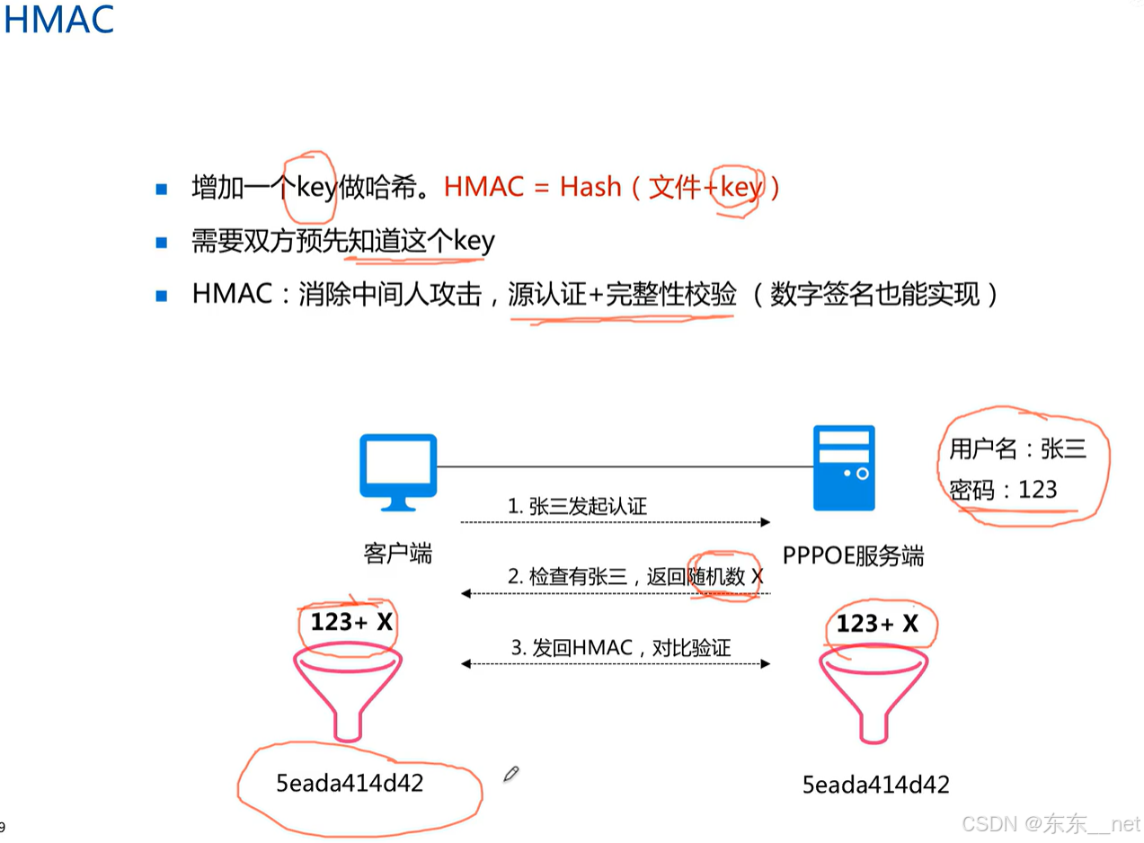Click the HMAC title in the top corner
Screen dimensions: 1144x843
(x=58, y=20)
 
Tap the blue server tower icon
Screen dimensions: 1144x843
(x=843, y=467)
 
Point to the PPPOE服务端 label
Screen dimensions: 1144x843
(x=852, y=555)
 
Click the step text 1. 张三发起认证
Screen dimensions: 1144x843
(x=577, y=507)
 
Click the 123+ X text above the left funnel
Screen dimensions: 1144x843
(x=351, y=622)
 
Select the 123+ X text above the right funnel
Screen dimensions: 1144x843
(x=877, y=624)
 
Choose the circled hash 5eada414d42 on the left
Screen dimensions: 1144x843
(x=350, y=783)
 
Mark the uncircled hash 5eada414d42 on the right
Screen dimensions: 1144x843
(x=875, y=785)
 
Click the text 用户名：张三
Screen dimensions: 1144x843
(x=1017, y=449)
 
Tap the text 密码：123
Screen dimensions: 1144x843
(x=1003, y=490)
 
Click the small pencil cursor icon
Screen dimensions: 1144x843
(x=511, y=773)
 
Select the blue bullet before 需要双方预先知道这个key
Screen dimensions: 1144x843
(x=162, y=242)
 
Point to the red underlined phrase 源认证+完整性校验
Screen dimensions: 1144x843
(x=622, y=294)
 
